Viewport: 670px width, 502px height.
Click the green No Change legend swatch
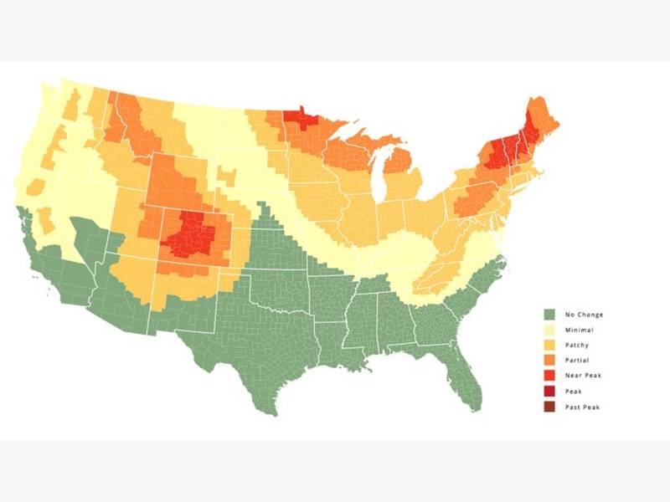[x=549, y=315]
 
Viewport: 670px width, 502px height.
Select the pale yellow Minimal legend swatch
[x=549, y=330]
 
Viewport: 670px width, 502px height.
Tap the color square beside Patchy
[x=549, y=345]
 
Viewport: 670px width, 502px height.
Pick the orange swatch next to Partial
[x=549, y=361]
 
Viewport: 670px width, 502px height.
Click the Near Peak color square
[x=549, y=376]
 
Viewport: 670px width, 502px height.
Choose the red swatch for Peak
[x=549, y=391]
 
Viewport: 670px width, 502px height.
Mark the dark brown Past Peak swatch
[x=549, y=407]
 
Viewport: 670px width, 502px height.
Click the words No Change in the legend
[x=585, y=315]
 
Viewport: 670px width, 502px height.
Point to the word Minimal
[x=580, y=330]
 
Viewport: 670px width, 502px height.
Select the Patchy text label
[x=579, y=345]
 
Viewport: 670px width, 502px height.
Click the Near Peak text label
[x=584, y=376]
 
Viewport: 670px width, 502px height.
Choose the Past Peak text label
[x=584, y=407]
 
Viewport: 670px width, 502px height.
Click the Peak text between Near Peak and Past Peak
[x=575, y=391]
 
